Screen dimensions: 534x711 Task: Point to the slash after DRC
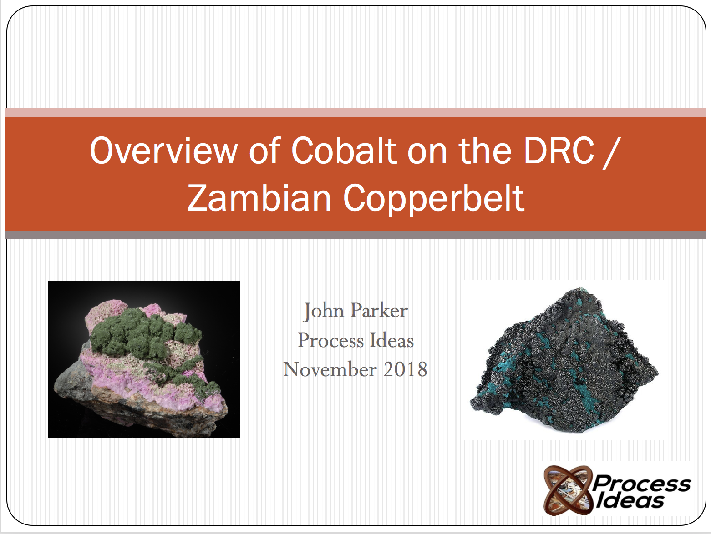(610, 152)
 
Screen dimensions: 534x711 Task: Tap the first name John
(324, 311)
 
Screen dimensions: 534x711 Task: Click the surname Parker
(379, 311)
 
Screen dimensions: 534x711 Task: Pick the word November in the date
(330, 369)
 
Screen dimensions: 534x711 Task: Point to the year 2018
(405, 369)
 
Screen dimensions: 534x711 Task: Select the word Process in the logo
(642, 483)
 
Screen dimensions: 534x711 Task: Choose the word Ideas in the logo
(630, 501)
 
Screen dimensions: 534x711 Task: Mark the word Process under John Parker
(330, 341)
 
